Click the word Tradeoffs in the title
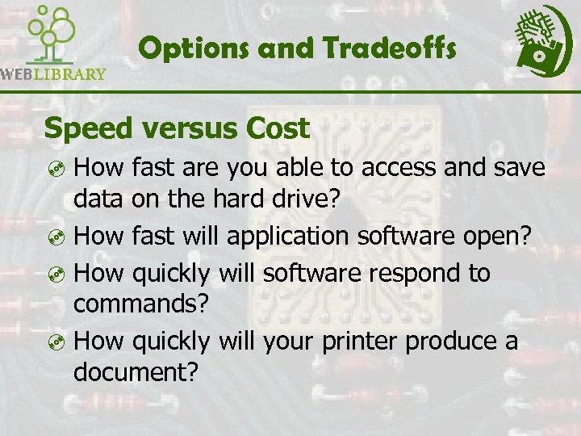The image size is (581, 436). [x=390, y=49]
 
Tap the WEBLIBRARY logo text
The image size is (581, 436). [x=53, y=74]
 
